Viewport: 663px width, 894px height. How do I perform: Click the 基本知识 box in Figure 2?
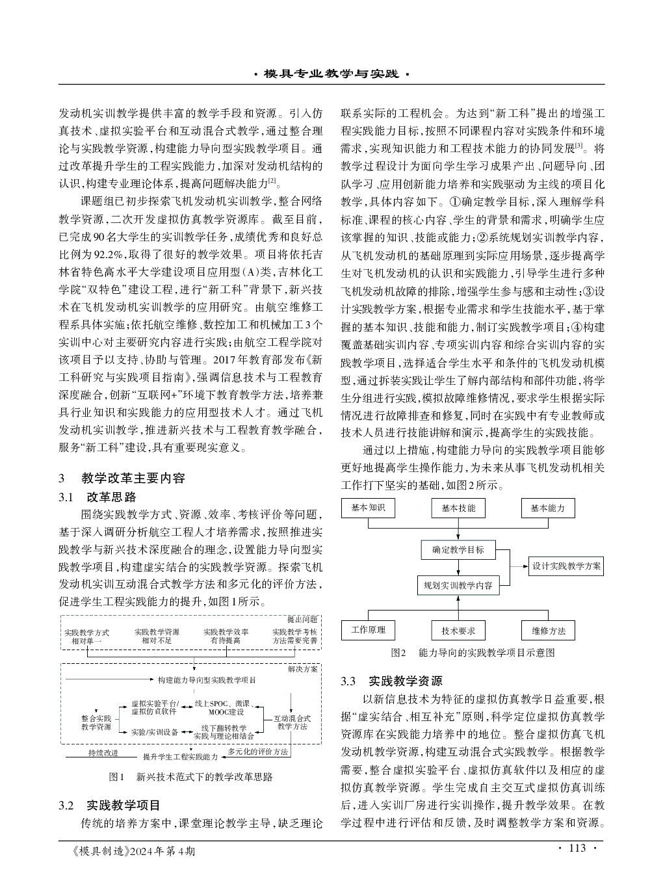[x=368, y=508]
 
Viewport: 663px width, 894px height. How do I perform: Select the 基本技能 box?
[x=458, y=508]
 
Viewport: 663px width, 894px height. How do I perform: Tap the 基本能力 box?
[x=548, y=508]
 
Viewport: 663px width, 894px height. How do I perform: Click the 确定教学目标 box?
[x=458, y=549]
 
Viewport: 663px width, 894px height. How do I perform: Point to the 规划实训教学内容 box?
[x=458, y=585]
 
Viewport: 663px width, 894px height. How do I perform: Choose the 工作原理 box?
[x=368, y=629]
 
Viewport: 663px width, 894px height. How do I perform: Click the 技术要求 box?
[x=458, y=630]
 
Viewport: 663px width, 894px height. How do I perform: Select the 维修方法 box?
[x=548, y=630]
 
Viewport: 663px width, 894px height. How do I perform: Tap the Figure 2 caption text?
[x=473, y=652]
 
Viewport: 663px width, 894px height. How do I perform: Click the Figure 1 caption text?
[x=191, y=776]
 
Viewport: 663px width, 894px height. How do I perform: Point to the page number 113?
[x=577, y=848]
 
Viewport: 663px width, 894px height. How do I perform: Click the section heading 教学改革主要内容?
[x=133, y=479]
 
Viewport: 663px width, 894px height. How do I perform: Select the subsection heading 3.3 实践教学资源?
[x=391, y=681]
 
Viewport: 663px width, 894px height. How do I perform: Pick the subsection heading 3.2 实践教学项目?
[x=109, y=806]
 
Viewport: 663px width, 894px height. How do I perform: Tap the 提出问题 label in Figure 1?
[x=302, y=619]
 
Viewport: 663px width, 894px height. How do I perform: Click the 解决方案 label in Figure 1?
[x=302, y=668]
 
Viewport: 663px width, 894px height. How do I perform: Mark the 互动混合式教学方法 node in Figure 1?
[x=292, y=722]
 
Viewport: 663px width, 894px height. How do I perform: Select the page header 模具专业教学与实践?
[x=331, y=74]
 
